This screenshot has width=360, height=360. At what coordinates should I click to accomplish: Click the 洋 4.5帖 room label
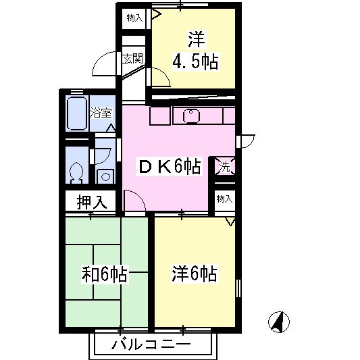click(x=195, y=51)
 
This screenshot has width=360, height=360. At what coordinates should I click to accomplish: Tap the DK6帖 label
click(x=170, y=166)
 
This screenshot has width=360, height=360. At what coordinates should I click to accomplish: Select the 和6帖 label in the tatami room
click(x=105, y=274)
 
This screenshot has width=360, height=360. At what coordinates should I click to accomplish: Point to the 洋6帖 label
click(x=195, y=274)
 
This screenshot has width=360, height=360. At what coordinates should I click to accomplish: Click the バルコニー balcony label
click(x=151, y=344)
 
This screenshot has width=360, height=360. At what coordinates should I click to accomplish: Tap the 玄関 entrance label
click(x=132, y=59)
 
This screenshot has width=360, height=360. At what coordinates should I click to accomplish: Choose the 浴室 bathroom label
click(x=101, y=113)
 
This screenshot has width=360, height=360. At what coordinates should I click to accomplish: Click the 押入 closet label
click(x=92, y=202)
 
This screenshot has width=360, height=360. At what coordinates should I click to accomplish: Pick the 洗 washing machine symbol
click(x=225, y=167)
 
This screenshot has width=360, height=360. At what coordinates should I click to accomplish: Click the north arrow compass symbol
click(x=279, y=322)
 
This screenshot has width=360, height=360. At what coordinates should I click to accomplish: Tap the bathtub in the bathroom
click(x=77, y=113)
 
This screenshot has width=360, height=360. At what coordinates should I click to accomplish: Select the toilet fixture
click(x=76, y=172)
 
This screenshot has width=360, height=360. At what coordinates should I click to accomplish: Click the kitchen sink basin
click(x=191, y=116)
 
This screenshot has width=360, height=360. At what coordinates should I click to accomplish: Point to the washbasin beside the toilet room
click(x=105, y=176)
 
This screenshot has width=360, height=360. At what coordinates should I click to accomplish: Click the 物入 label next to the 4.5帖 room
click(x=134, y=18)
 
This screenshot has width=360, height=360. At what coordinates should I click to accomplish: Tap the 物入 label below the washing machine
click(x=224, y=199)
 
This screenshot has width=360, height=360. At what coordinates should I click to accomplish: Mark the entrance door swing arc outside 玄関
click(x=100, y=60)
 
